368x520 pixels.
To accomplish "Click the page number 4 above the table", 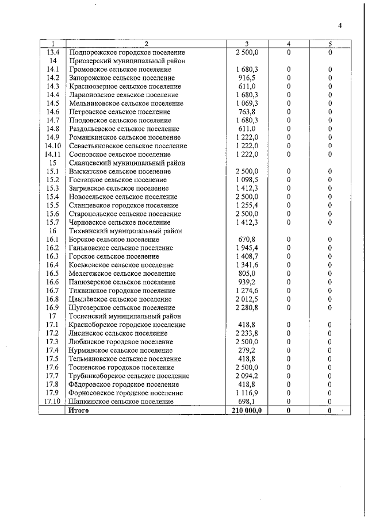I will click(340, 25).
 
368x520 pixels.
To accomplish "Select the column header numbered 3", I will click(247, 44).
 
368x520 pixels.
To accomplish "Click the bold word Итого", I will click(79, 411).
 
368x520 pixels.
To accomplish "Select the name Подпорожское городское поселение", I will click(126, 52).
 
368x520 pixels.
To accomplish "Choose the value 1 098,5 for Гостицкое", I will click(247, 180).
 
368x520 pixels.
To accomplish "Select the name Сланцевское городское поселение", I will click(122, 205).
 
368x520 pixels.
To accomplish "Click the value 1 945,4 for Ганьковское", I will click(247, 248).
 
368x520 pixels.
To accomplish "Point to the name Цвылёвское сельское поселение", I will click(120, 299).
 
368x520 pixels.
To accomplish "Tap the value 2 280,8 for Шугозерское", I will click(247, 307).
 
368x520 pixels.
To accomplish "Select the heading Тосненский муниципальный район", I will click(125, 316).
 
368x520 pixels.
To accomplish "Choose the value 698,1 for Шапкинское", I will click(247, 401).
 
